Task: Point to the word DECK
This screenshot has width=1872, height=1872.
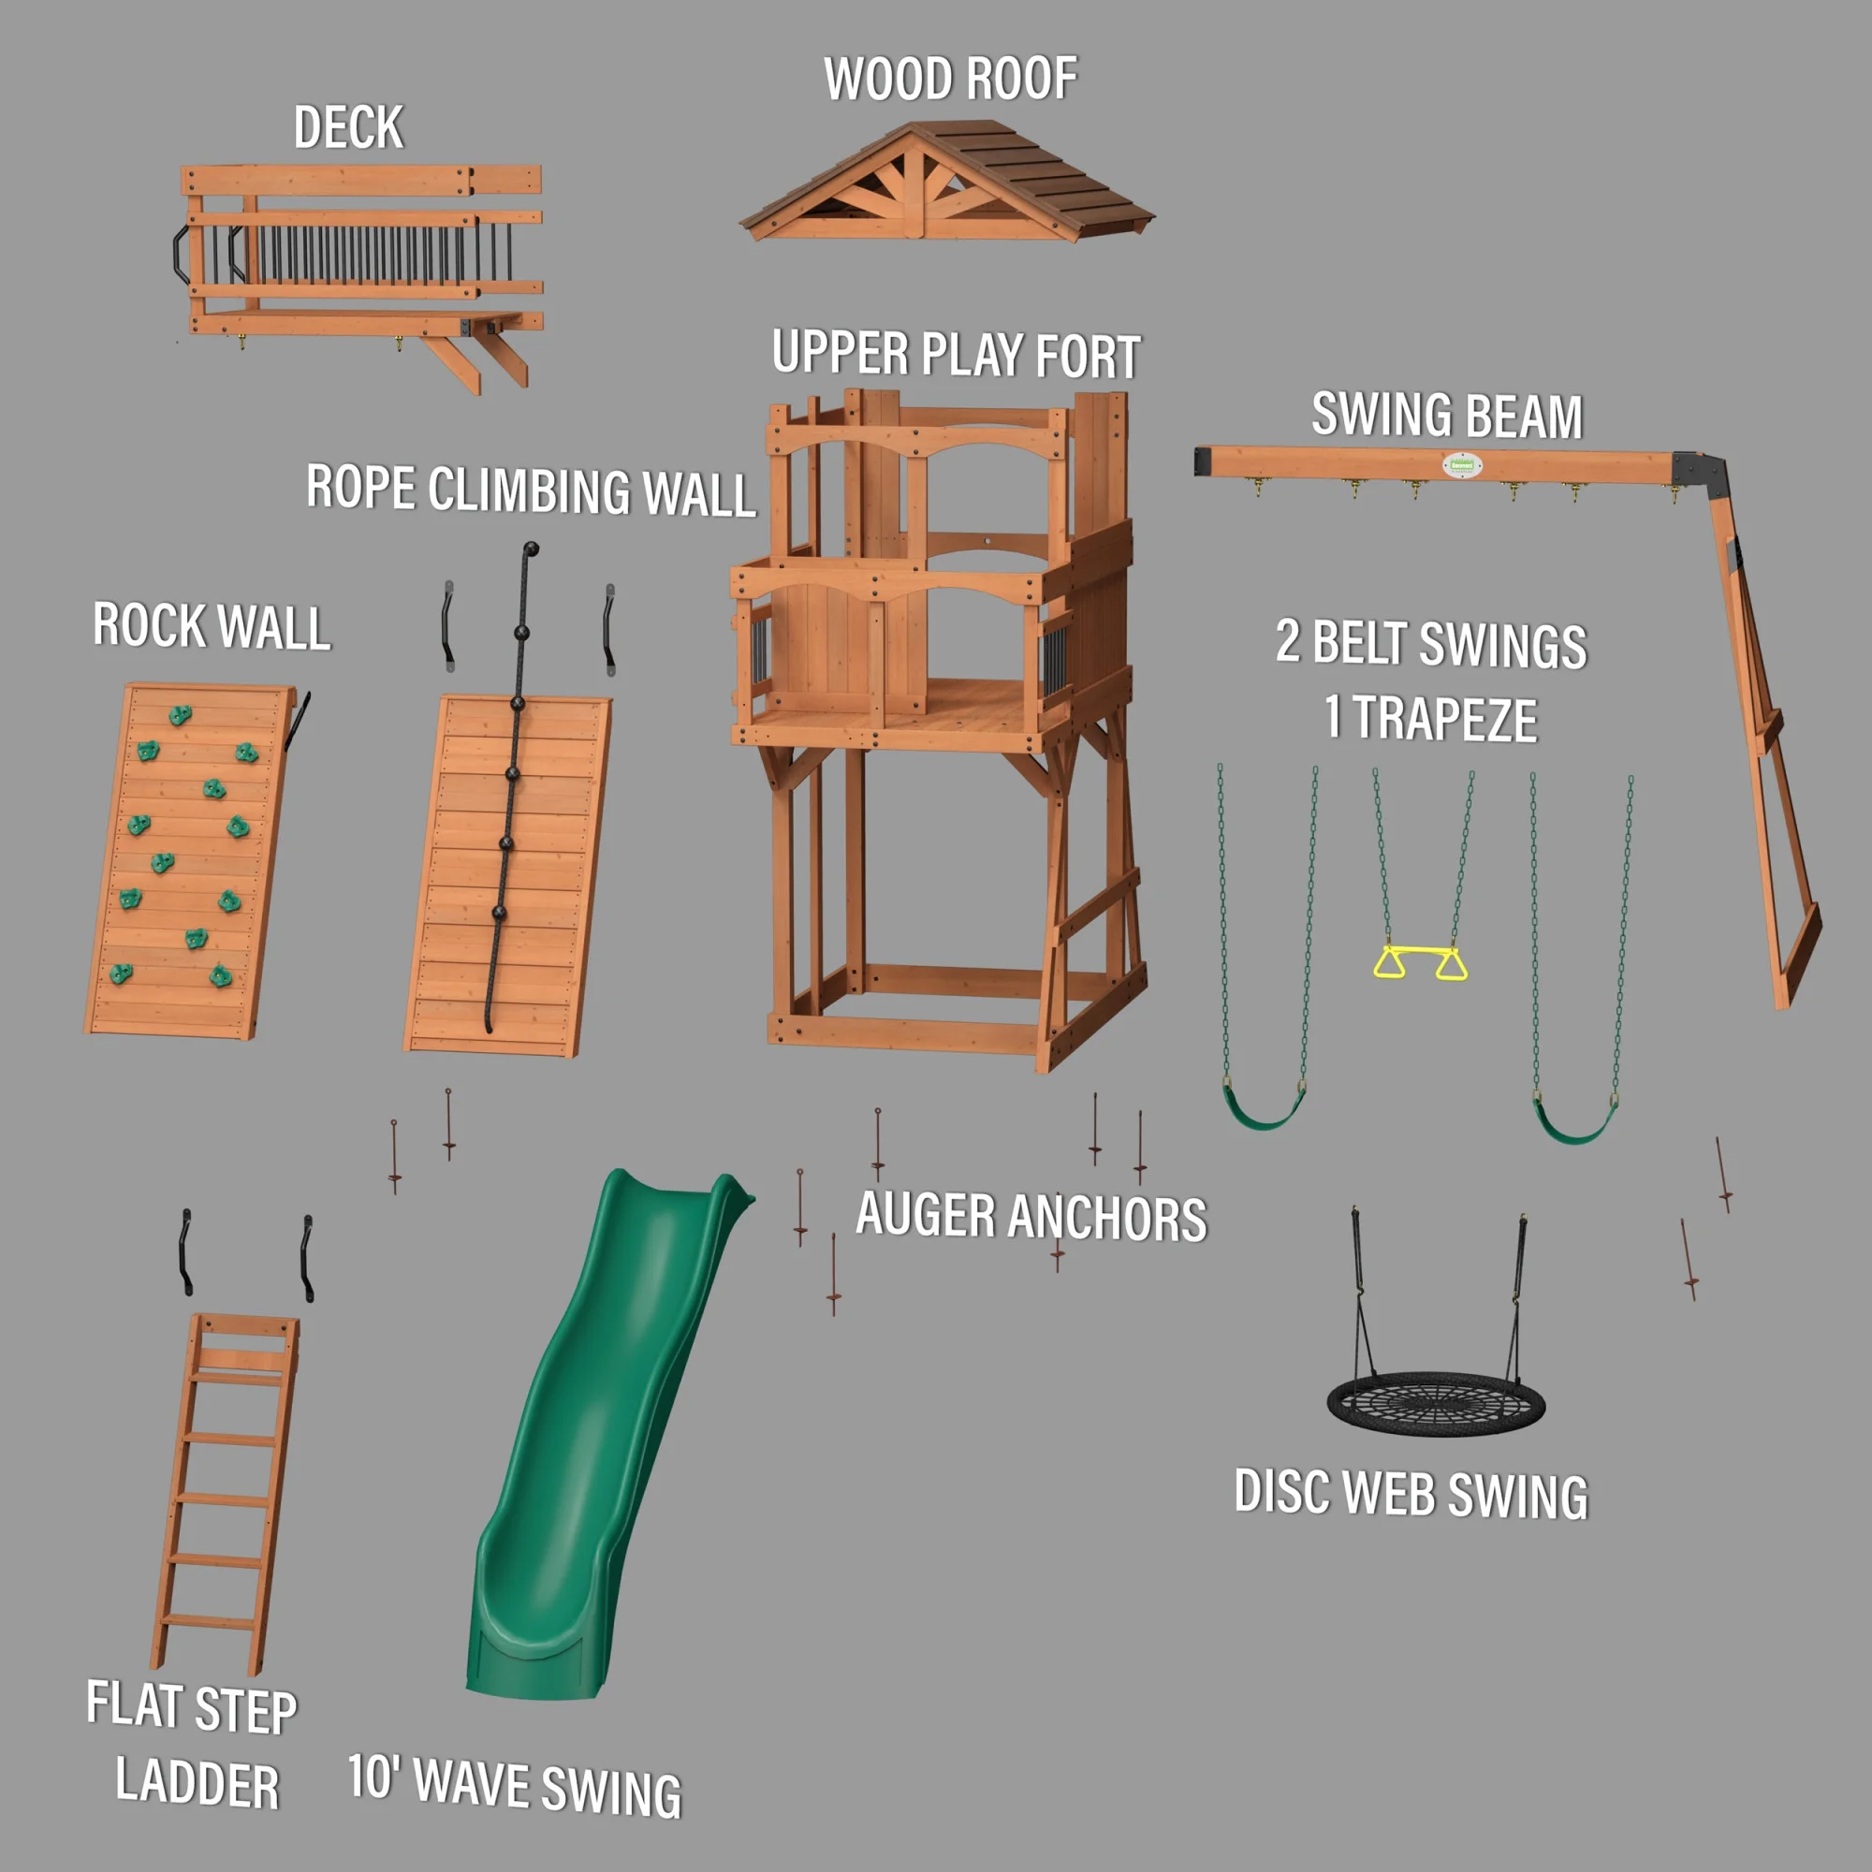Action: coord(348,128)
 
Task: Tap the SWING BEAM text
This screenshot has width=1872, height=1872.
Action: coord(1447,416)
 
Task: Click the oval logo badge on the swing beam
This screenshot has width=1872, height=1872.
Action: coord(1460,465)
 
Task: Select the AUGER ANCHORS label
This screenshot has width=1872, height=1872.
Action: coord(1031,1217)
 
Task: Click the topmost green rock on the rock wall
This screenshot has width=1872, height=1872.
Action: coord(181,715)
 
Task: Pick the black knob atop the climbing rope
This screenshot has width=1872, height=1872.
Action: coord(531,549)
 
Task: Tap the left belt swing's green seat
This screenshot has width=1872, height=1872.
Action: coord(1265,1110)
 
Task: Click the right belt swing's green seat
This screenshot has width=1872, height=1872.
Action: coord(1573,1127)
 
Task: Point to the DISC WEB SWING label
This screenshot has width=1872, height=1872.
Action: coord(1410,1494)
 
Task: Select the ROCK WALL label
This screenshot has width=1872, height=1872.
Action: coord(212,626)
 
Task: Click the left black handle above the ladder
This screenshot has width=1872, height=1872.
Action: coord(185,1251)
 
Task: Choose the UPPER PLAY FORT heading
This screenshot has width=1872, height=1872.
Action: coord(956,355)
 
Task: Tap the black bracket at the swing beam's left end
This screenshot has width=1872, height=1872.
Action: coord(1204,461)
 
